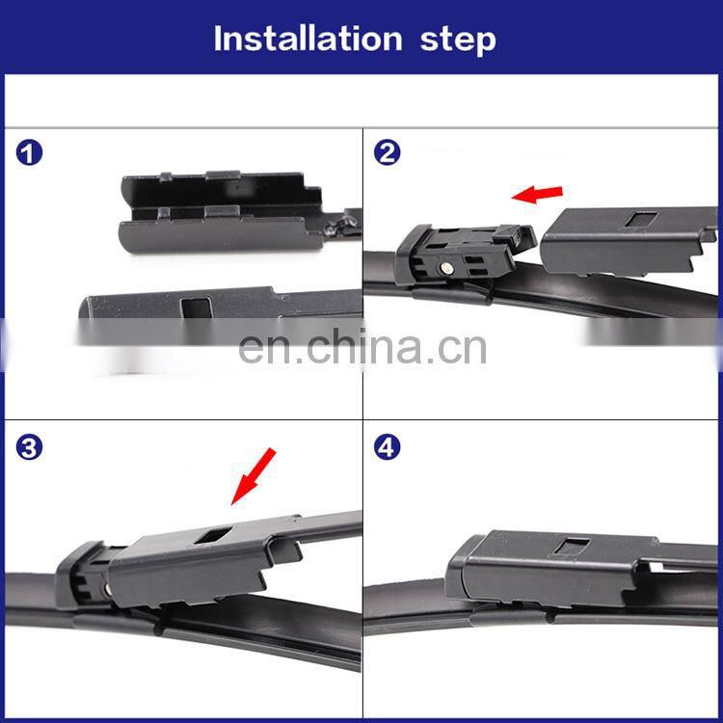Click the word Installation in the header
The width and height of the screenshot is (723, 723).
click(x=308, y=39)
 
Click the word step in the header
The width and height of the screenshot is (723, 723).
click(x=458, y=41)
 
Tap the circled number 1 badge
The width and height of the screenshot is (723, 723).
click(x=29, y=153)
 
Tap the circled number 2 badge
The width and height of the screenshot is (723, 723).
click(x=387, y=152)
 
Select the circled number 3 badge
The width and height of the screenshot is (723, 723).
click(x=29, y=447)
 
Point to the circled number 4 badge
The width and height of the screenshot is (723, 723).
click(x=387, y=446)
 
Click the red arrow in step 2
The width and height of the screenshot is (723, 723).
click(x=537, y=194)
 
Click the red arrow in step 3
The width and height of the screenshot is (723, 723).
click(x=254, y=476)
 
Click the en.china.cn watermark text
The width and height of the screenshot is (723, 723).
click(x=362, y=347)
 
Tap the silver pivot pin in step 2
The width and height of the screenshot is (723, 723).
click(x=445, y=267)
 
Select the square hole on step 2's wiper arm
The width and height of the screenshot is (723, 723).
click(x=641, y=219)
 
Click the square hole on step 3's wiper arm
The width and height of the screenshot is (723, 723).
click(x=213, y=535)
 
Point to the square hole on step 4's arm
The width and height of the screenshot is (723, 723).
click(x=573, y=546)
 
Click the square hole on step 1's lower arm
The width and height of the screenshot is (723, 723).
click(x=197, y=308)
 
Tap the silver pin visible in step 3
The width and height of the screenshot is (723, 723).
click(x=106, y=589)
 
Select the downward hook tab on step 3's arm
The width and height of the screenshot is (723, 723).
click(x=286, y=551)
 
